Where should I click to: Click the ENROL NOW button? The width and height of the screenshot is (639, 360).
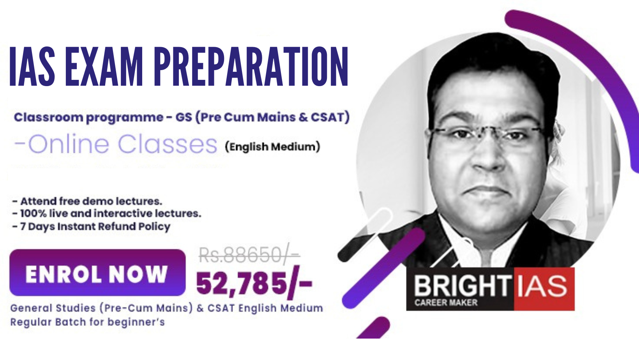(97, 272)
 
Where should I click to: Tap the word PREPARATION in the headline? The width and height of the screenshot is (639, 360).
(251, 66)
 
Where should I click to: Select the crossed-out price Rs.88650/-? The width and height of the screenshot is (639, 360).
(249, 255)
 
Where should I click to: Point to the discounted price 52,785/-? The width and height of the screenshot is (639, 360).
(254, 283)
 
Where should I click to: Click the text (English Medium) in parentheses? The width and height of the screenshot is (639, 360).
(272, 147)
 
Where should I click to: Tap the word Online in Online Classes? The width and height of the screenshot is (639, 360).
(69, 144)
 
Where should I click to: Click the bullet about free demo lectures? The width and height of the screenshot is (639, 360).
(87, 201)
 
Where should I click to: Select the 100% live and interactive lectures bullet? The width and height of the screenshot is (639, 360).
(107, 214)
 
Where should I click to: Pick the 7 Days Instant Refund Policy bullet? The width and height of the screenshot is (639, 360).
(91, 226)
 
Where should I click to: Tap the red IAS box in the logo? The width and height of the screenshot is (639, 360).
(544, 289)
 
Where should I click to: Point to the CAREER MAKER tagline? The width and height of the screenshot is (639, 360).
(446, 302)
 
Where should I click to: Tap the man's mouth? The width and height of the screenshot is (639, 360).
(487, 190)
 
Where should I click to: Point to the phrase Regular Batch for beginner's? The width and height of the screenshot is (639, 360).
(88, 322)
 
